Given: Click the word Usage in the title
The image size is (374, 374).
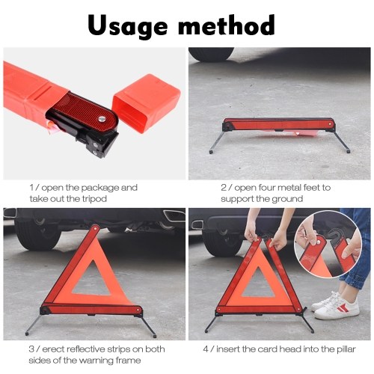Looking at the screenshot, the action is click(x=127, y=26).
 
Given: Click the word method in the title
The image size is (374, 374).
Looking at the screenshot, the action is click(x=227, y=25).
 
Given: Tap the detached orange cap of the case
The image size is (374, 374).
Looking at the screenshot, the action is click(x=147, y=105).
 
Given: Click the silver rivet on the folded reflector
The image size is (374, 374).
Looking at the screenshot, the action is click(x=102, y=119).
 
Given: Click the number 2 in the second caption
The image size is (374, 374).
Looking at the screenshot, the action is click(x=223, y=188).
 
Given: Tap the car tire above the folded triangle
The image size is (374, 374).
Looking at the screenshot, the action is click(x=211, y=54).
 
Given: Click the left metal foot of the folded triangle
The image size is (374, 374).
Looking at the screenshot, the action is click(x=216, y=141).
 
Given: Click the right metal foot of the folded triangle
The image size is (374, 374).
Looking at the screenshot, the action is click(x=342, y=141).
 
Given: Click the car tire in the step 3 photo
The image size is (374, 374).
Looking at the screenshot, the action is click(x=37, y=233).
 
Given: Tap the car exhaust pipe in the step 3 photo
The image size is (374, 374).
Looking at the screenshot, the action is click(x=174, y=215).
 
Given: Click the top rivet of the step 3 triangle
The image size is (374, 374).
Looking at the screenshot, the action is click(x=95, y=228).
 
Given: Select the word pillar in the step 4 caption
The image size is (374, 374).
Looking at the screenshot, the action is click(x=346, y=349).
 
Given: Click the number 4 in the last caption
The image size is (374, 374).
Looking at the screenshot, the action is click(x=206, y=349).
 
